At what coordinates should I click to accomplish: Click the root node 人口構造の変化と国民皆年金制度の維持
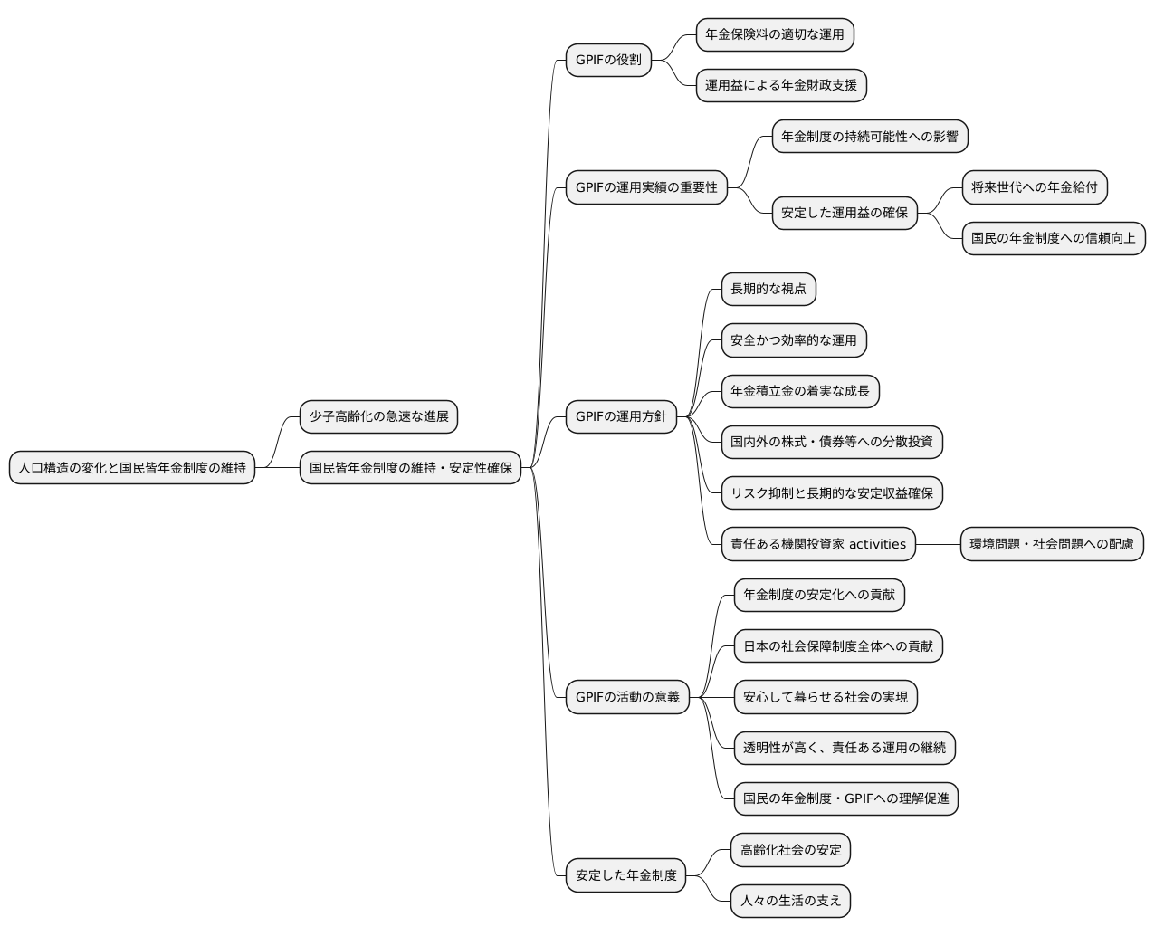132,468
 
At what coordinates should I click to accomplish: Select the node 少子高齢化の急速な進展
379,416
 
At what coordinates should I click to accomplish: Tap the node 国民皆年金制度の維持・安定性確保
410,468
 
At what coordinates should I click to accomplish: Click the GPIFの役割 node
608,60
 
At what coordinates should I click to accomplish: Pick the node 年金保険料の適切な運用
775,34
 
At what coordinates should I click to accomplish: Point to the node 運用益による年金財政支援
781,85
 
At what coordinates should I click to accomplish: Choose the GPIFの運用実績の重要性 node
646,187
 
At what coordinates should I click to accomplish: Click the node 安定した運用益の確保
845,213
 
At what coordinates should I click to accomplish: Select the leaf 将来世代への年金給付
1035,187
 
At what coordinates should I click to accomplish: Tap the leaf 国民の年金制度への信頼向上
1054,238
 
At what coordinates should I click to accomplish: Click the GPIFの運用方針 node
621,416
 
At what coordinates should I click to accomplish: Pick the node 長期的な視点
768,289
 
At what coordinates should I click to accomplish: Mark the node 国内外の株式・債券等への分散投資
832,442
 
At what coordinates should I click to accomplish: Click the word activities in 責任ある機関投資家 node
877,544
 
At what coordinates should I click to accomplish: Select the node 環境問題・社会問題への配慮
1052,544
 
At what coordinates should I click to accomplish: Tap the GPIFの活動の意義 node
627,697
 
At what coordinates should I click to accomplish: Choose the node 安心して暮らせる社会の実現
826,697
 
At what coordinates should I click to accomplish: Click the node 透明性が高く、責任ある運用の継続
845,748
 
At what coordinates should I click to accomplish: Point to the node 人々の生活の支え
790,901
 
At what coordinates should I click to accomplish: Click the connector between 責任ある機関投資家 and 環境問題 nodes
938,544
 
